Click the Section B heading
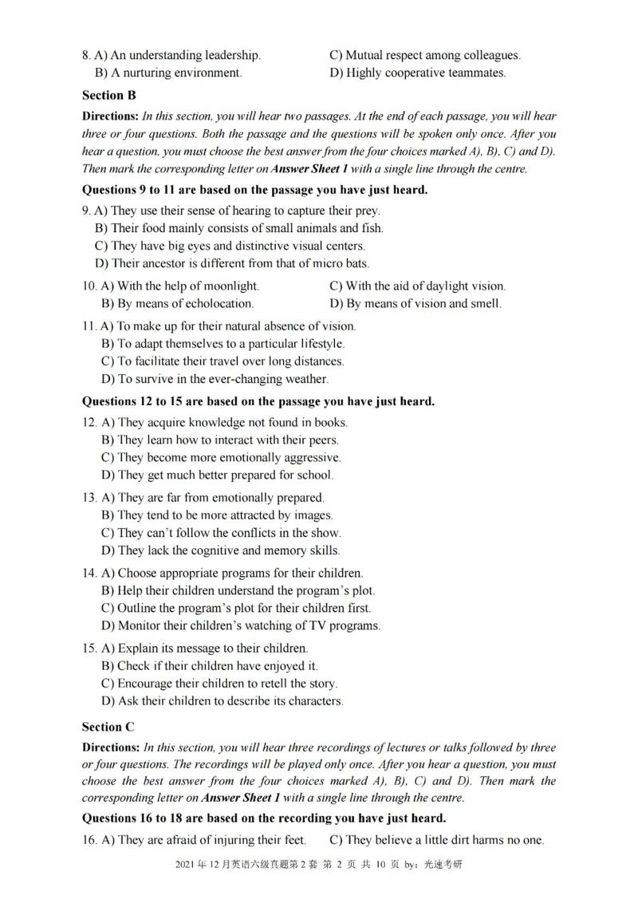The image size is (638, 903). [109, 95]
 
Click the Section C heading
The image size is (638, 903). [109, 727]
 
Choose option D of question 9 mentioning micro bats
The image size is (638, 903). [232, 263]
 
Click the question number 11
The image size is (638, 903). [89, 326]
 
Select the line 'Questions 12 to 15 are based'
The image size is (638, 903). [258, 401]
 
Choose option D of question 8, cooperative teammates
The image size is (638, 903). [418, 73]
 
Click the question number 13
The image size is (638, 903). [89, 498]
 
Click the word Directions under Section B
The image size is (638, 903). [111, 116]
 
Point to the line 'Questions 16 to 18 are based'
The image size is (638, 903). [264, 818]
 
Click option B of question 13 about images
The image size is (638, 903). [217, 515]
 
